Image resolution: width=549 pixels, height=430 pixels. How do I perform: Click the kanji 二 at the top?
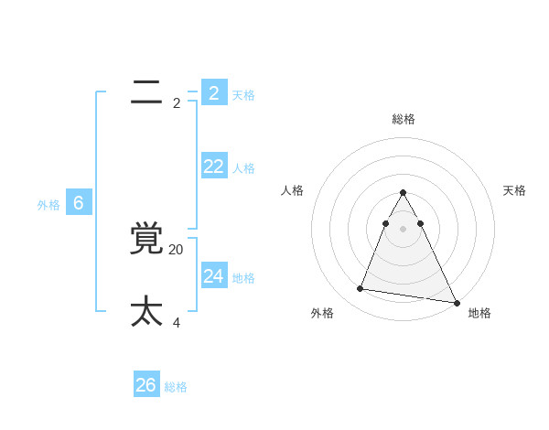pos(146,92)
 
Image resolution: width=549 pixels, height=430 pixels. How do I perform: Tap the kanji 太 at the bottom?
pos(147,312)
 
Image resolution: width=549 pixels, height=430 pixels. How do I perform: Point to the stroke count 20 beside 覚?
pos(177,249)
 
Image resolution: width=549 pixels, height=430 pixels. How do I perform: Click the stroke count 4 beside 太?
pos(177,322)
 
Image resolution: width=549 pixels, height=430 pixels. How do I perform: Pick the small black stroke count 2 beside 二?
pos(177,103)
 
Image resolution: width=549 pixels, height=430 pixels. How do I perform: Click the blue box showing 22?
pos(214,166)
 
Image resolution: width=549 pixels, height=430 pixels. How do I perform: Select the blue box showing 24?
pos(214,275)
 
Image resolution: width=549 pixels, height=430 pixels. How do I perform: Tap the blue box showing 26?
pos(146,385)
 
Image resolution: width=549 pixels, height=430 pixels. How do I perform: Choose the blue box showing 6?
pos(79,203)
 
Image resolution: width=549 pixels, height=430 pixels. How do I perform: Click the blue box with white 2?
pos(214,92)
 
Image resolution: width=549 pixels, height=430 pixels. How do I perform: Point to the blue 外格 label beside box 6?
pos(48,205)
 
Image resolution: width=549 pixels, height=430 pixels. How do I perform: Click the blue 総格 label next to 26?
pos(176,387)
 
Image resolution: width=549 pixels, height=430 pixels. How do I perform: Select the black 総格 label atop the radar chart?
pos(403,119)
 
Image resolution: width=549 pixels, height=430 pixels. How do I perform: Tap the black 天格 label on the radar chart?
pos(514,190)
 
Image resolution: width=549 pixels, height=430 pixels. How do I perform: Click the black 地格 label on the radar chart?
pos(479,313)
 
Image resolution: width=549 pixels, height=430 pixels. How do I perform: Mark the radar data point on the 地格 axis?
pos(457,302)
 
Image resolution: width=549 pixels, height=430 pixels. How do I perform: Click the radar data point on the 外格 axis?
pos(361,288)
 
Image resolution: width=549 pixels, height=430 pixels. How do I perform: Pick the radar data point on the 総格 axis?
pos(403,193)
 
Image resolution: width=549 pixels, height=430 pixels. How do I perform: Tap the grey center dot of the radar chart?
pos(403,229)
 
